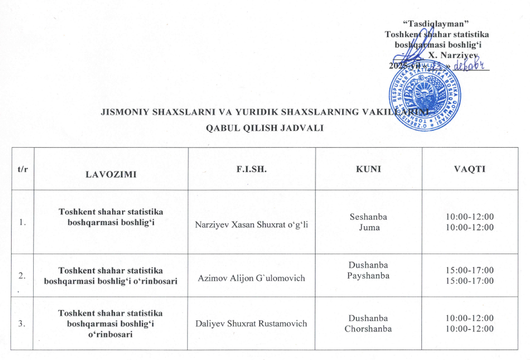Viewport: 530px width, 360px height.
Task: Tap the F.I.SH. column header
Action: point(251,169)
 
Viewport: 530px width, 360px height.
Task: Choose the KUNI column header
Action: point(368,169)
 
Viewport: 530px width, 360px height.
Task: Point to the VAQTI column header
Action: point(470,169)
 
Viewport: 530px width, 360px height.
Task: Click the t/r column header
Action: point(22,169)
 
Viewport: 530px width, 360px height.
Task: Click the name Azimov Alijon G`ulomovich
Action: point(251,279)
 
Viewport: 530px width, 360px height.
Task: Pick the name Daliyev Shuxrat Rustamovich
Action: point(251,323)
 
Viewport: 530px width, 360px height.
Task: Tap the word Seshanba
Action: point(368,217)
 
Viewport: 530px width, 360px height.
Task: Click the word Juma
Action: point(368,227)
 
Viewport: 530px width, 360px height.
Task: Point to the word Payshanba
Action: point(368,276)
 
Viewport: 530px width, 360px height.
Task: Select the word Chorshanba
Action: point(368,329)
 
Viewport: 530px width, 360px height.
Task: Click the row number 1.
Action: point(22,222)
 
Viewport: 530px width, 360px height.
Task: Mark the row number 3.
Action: point(22,323)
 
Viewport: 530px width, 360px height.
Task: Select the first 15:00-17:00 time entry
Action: point(470,270)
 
